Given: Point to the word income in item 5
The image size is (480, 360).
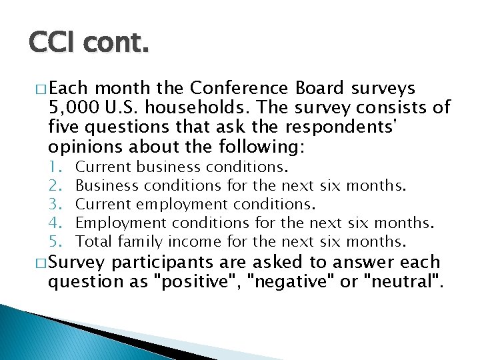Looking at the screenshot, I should point(196,240).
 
